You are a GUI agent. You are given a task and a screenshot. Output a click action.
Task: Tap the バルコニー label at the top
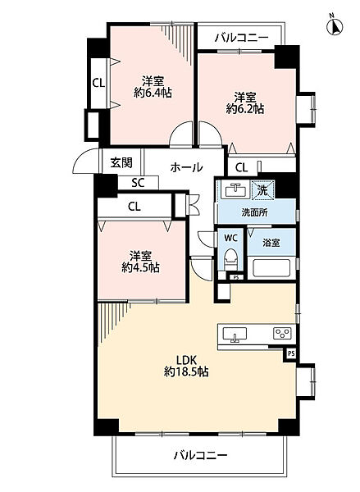(241, 37)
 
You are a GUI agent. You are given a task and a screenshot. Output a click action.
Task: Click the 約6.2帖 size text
(245, 107)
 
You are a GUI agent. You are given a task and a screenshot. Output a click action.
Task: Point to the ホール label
(187, 166)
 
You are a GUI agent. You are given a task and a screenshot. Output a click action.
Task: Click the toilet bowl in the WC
(231, 262)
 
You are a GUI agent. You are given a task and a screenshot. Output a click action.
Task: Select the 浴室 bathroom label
(271, 244)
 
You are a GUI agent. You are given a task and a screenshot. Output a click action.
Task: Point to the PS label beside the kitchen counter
(289, 353)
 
